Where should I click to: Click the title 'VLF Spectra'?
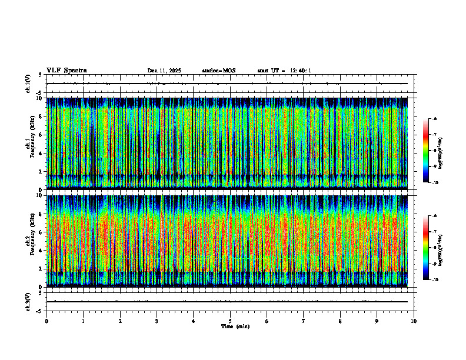click(x=66, y=71)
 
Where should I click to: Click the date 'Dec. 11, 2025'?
click(x=164, y=71)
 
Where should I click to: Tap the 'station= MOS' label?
click(x=218, y=71)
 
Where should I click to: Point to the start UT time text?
click(x=284, y=71)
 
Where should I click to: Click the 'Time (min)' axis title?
click(x=235, y=326)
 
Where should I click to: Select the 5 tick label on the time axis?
click(x=230, y=321)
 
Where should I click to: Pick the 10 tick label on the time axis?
click(x=414, y=321)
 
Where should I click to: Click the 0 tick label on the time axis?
click(x=46, y=321)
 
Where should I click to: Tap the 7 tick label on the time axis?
click(x=304, y=321)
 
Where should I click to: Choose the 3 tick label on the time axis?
click(x=157, y=321)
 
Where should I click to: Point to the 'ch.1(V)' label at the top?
click(x=28, y=84)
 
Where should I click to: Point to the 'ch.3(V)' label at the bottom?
click(x=28, y=301)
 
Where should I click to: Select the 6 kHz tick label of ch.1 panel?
click(x=40, y=135)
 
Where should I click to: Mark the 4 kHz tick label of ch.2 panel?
click(x=40, y=250)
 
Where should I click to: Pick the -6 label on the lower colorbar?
click(x=434, y=216)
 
